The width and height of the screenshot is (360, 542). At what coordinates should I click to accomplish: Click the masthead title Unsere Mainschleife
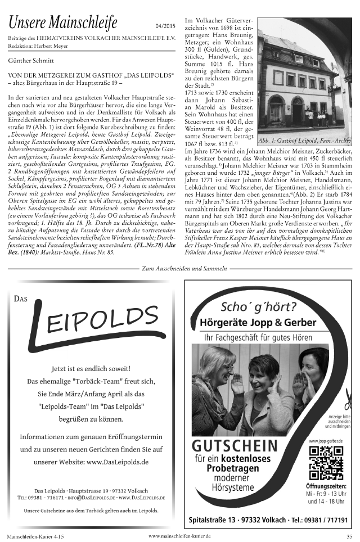pos(62,23)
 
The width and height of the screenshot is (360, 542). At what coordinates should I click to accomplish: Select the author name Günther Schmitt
pos(30,59)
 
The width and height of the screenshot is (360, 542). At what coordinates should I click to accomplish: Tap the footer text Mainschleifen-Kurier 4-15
pos(35,537)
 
